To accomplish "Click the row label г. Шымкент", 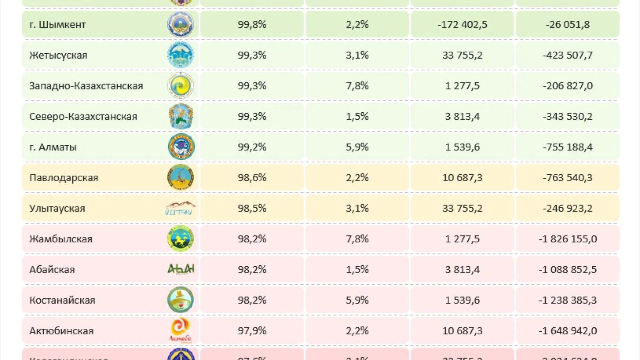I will (x=58, y=24).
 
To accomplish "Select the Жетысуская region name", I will (x=58, y=55).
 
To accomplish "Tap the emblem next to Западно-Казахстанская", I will (x=181, y=86).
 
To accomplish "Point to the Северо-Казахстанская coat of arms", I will (x=181, y=116).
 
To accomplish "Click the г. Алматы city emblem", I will (x=181, y=147).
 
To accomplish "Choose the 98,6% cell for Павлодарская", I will (x=252, y=178).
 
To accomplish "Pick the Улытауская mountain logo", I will (x=180, y=208).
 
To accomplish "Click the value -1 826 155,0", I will (x=568, y=239).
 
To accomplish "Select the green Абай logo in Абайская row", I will (x=181, y=269).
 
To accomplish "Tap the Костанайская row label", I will (x=62, y=300).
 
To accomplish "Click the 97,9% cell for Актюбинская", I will (x=252, y=331).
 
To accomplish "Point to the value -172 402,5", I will (x=462, y=24).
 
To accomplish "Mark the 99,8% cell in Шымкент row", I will (x=252, y=24).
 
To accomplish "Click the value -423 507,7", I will (x=568, y=55).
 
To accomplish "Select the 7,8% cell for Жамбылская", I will (x=357, y=239).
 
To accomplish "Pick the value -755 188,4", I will (x=568, y=147).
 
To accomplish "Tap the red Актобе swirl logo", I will (x=180, y=329).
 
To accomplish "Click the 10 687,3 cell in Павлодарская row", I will (x=462, y=178).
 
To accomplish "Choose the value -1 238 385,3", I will (x=568, y=300).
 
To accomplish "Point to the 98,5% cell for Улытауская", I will (x=252, y=208).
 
